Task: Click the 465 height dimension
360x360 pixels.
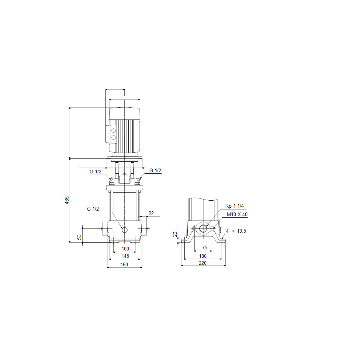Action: [x=67, y=200]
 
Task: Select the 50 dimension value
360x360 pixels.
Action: [x=79, y=237]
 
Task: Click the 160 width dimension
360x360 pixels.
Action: [x=124, y=264]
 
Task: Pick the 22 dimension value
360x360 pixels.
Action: [x=151, y=213]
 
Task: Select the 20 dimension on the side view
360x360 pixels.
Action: [x=175, y=235]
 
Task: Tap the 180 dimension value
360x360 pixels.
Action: [x=203, y=256]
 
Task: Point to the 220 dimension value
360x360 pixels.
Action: [x=203, y=263]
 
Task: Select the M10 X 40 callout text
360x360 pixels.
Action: [x=237, y=214]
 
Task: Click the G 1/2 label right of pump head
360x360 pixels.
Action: [x=155, y=170]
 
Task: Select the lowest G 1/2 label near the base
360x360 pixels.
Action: [x=93, y=209]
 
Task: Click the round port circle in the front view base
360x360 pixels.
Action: [x=124, y=230]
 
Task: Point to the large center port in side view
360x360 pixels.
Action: [x=203, y=229]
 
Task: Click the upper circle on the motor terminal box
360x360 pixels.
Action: [x=114, y=131]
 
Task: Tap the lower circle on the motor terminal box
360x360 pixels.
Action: [x=114, y=138]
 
